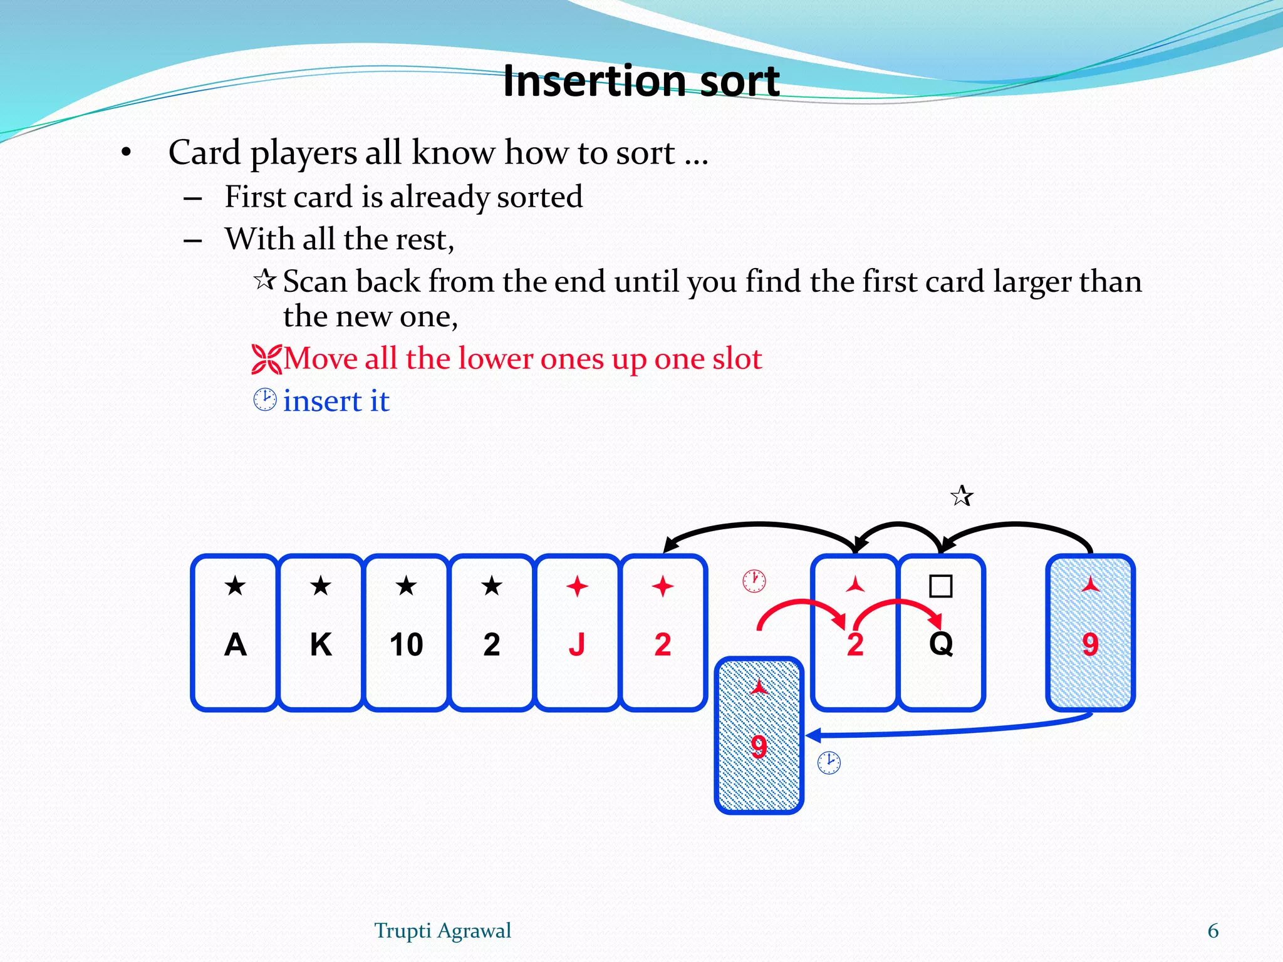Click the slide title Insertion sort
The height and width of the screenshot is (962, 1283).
(641, 81)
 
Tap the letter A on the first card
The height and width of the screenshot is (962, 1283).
(235, 644)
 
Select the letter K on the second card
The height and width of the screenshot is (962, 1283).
(321, 644)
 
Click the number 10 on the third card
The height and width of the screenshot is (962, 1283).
(406, 644)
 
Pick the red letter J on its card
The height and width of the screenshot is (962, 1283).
(577, 644)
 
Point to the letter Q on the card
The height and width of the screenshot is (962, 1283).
(941, 643)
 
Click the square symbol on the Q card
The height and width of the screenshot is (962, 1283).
(941, 586)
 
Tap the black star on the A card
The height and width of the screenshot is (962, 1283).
(235, 586)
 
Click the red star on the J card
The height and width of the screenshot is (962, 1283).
(577, 587)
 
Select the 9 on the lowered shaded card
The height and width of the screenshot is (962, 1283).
(759, 747)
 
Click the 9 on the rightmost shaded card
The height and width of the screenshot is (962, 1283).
(1090, 644)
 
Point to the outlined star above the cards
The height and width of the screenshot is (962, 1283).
(962, 496)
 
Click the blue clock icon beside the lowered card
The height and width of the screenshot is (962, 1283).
(829, 762)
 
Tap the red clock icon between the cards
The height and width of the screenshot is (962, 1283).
(754, 581)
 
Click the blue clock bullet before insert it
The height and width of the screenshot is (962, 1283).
(265, 400)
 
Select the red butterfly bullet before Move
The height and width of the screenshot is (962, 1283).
(266, 359)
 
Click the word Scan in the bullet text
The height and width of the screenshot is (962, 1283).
(314, 281)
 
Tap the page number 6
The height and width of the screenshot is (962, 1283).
(1213, 931)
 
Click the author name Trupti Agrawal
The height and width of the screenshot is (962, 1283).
(442, 931)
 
